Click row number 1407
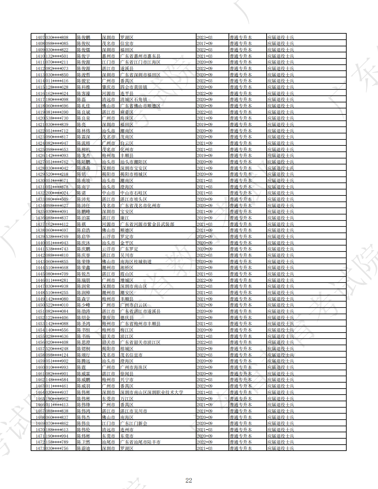tap(40, 37)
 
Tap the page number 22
tap(188, 480)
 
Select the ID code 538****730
tap(57, 118)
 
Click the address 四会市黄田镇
tap(133, 87)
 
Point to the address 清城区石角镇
tap(133, 100)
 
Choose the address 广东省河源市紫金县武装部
tap(147, 224)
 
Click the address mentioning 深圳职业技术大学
tap(151, 392)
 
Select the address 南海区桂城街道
tap(136, 262)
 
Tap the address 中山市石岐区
tap(133, 193)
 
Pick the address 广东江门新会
tap(133, 423)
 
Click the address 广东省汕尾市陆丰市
tap(140, 442)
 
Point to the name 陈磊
tap(81, 100)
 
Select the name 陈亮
tap(81, 124)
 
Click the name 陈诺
tap(81, 193)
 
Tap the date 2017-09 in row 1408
tap(205, 44)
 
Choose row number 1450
tap(40, 305)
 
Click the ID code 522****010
tap(57, 305)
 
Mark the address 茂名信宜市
tap(131, 355)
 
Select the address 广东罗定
tap(129, 249)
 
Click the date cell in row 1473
tap(205, 448)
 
